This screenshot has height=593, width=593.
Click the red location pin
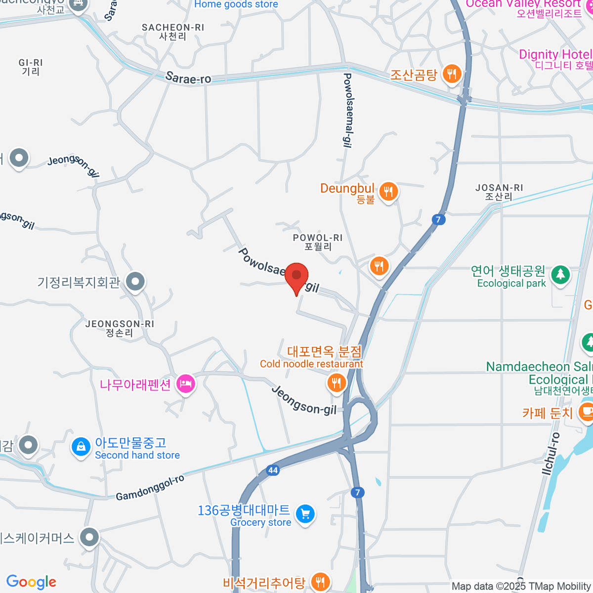296,276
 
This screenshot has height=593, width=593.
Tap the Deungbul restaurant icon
388,191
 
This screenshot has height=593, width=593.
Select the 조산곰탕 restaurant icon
452,75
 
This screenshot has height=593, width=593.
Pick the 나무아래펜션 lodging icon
185,383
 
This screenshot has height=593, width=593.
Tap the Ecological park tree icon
560,274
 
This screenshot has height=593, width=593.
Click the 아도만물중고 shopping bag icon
81,447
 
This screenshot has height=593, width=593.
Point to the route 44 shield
273,470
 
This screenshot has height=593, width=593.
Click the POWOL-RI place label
317,242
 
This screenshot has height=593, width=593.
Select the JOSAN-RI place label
499,192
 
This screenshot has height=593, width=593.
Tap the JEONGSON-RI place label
120,328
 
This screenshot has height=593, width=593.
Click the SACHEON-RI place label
172,32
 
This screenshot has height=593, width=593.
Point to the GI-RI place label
31,67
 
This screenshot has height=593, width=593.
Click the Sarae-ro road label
188,78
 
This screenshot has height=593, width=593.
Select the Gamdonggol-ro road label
150,488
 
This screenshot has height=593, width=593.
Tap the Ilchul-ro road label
551,454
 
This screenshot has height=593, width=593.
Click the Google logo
31,582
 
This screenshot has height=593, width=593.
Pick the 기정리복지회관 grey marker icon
135,281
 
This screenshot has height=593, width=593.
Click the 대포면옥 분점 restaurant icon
336,382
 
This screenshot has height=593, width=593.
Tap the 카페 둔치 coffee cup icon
586,411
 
